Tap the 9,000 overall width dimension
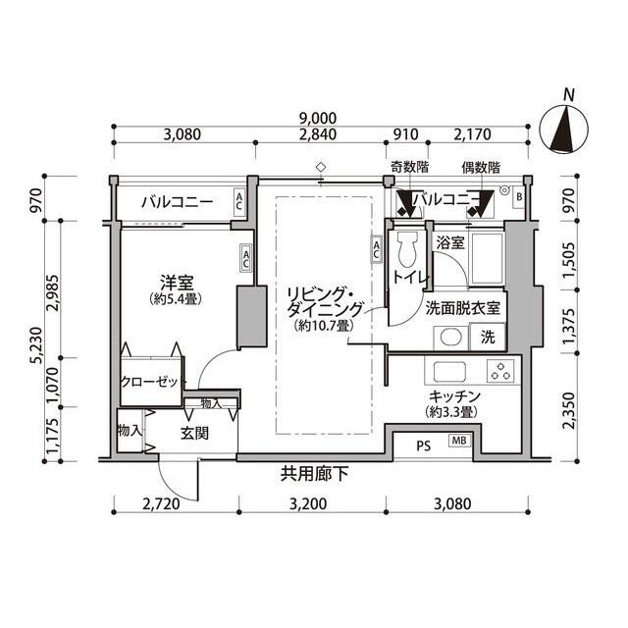tap(318, 119)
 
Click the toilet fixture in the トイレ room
tap(407, 249)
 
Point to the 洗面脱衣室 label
tap(462, 308)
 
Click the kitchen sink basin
tap(449, 372)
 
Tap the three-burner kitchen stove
tap(500, 370)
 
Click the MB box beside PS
tap(459, 441)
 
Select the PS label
tap(423, 445)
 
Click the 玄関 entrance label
tap(194, 434)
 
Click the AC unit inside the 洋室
tap(245, 258)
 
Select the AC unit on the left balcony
tap(239, 201)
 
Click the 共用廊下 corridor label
tap(314, 475)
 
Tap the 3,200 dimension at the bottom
tap(308, 503)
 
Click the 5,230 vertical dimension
tap(37, 344)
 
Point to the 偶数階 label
tap(481, 168)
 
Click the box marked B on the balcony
tap(519, 196)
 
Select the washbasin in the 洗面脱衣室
tap(451, 338)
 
